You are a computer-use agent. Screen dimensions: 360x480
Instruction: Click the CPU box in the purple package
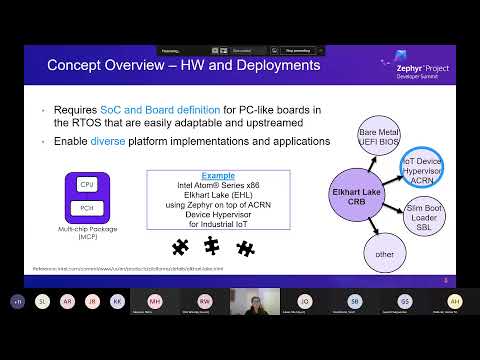click(x=87, y=186)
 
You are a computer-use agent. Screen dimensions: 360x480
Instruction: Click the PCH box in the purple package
click(x=87, y=208)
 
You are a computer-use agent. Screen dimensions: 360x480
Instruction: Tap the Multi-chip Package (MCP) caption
click(x=87, y=233)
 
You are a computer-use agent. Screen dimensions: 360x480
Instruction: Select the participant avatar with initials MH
click(x=155, y=300)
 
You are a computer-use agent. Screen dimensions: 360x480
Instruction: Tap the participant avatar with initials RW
click(x=204, y=300)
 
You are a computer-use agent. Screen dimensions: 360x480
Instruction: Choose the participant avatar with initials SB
click(x=354, y=300)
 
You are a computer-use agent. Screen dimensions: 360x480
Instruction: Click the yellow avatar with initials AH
click(x=455, y=300)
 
